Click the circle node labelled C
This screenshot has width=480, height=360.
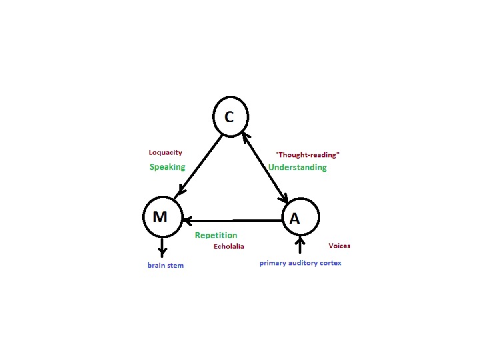point(230,117)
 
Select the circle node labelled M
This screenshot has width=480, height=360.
point(163,217)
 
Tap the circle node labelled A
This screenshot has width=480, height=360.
point(301,217)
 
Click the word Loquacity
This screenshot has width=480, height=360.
point(165,153)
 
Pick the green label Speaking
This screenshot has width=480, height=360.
point(167,167)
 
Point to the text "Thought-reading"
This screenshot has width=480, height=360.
point(307,155)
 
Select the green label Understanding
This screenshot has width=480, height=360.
point(297,167)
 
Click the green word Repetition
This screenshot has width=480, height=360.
point(215,235)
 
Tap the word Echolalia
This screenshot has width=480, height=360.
point(229,246)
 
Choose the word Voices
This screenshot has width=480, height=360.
point(339,246)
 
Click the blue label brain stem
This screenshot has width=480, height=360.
point(165,265)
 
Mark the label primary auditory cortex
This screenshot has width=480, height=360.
point(300,263)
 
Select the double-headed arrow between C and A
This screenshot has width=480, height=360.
point(265,166)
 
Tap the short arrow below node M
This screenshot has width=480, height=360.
point(161,247)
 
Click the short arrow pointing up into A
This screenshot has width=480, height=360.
point(301,245)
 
